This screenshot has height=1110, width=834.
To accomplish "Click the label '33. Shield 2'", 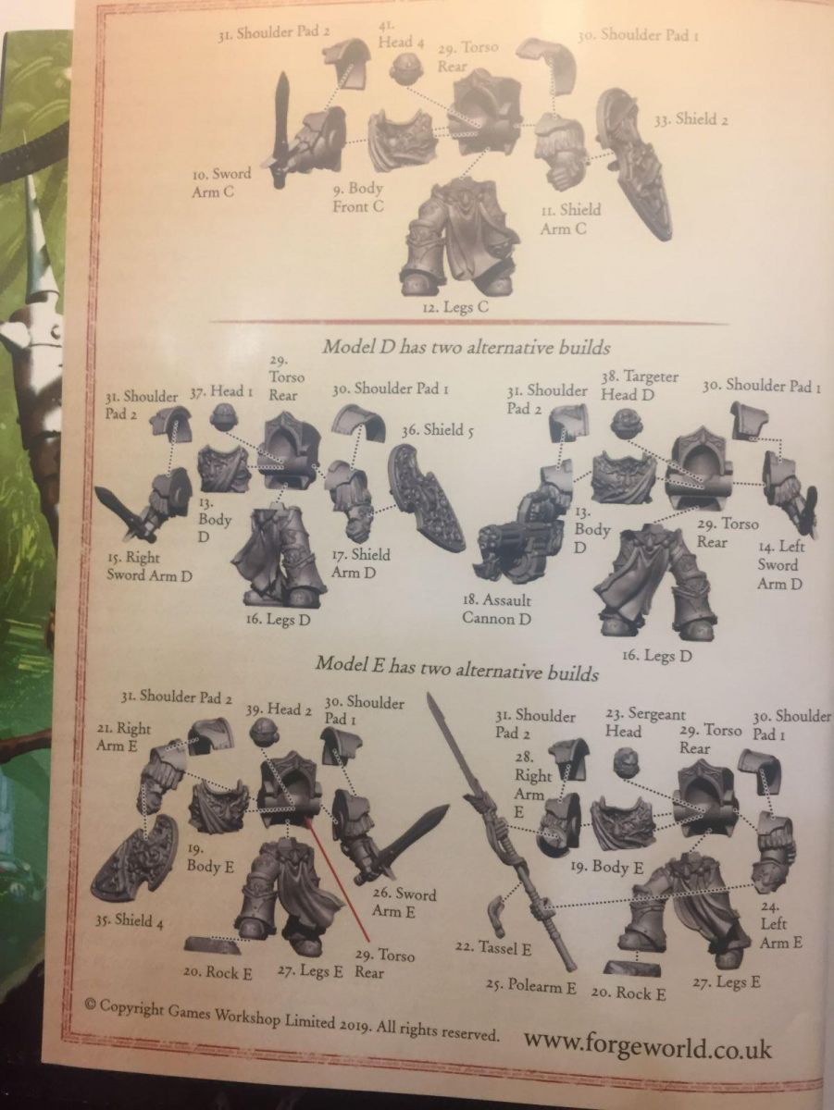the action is (691, 119).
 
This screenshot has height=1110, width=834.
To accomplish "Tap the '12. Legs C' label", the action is (456, 306).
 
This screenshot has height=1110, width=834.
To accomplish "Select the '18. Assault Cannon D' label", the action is (496, 610).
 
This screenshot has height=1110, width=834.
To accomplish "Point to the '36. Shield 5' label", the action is (438, 430).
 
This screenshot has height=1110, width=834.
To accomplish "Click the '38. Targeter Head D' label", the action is (641, 386).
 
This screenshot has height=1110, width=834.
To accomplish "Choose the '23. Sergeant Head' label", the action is (645, 723).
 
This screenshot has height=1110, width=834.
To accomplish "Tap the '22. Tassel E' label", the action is (493, 949).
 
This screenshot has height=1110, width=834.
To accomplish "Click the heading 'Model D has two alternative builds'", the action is (467, 348).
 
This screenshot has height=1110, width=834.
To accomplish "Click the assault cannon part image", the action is (522, 526).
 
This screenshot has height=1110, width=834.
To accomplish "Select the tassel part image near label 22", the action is (497, 913).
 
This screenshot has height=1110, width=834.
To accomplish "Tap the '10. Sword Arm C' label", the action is (221, 182).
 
